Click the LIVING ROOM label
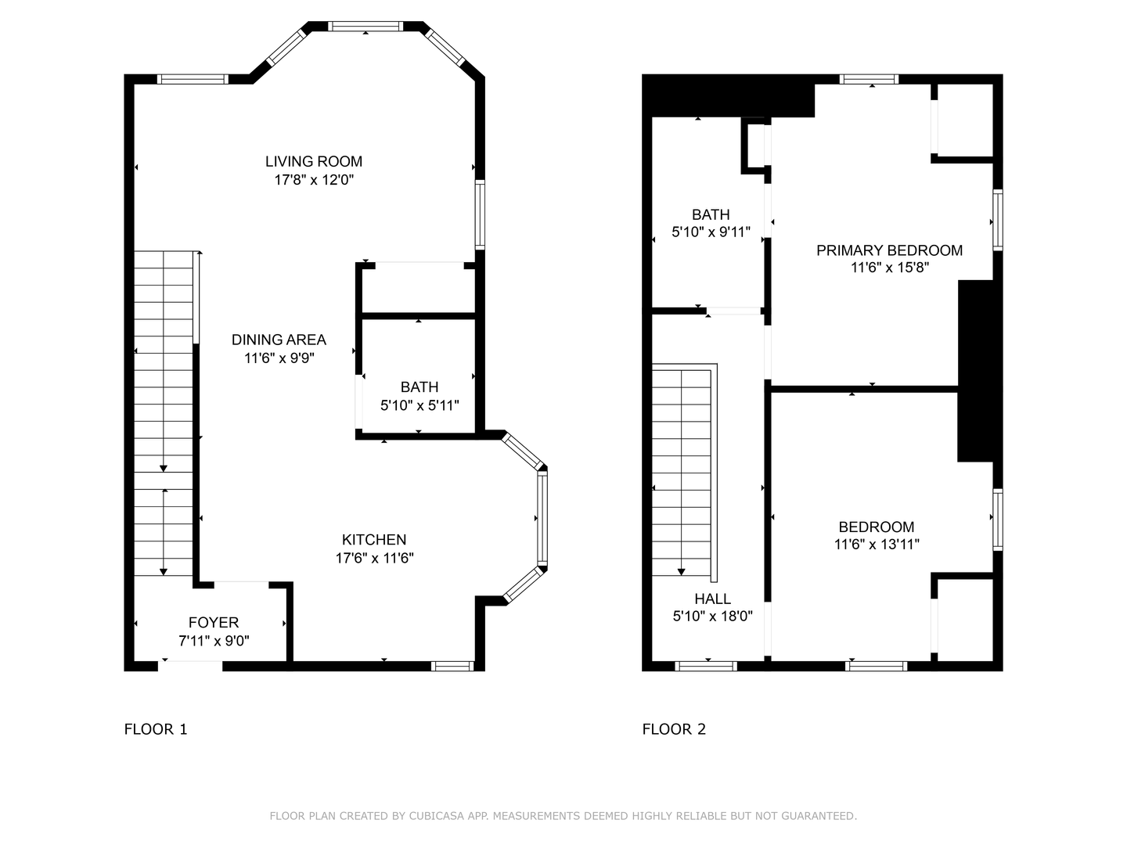314,162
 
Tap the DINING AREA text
279,340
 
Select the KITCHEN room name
374,540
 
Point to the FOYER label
214,623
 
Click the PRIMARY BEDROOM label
890,250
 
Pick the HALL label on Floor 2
713,599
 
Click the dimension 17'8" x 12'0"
314,180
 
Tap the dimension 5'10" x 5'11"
419,406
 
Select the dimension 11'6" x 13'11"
877,545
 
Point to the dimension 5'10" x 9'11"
711,232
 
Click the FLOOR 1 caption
156,729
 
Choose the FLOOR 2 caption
674,729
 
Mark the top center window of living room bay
365,26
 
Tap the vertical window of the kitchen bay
542,518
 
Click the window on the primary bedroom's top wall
869,79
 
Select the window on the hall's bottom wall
706,666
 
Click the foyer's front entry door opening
190,666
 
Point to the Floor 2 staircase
684,473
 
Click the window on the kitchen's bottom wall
452,666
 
